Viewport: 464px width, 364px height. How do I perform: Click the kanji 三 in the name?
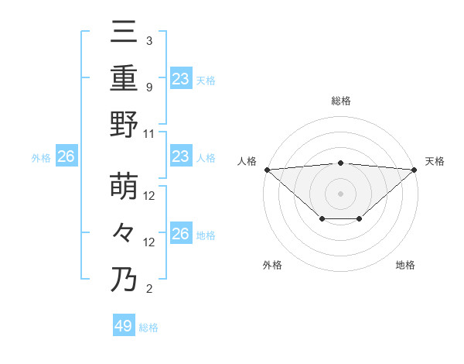click(x=124, y=33)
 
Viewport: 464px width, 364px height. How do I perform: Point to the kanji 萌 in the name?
click(x=124, y=188)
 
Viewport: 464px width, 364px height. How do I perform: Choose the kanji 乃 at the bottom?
click(x=124, y=280)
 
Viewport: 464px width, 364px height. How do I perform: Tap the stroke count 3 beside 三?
click(x=148, y=40)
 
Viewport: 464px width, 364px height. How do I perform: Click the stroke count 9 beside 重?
click(x=148, y=87)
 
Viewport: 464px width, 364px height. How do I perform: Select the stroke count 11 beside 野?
click(x=149, y=133)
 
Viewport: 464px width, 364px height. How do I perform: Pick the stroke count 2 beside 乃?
click(x=148, y=289)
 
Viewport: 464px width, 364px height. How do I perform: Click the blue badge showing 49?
click(x=124, y=326)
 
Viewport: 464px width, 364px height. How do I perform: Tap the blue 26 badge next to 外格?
click(x=66, y=157)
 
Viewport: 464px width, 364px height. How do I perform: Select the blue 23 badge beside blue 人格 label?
click(x=180, y=157)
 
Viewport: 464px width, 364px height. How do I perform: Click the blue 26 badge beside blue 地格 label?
click(x=180, y=234)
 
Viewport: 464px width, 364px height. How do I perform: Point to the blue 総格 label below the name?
click(x=148, y=328)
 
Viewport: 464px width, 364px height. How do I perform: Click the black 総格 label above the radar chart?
click(x=340, y=101)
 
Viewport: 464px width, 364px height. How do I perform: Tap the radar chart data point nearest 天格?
click(x=415, y=169)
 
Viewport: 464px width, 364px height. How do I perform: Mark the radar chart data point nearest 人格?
click(x=267, y=169)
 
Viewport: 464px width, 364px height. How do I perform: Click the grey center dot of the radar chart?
click(x=340, y=193)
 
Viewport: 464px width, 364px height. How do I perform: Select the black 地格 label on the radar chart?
click(x=405, y=266)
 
